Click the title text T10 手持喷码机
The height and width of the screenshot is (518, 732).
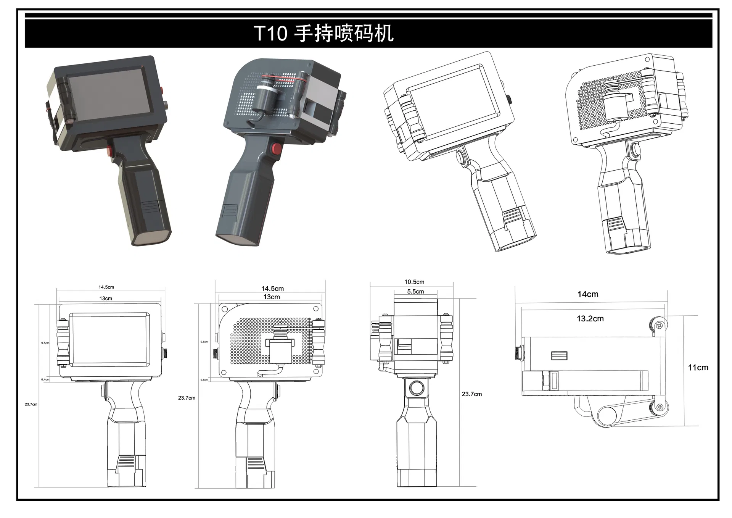pos(323,33)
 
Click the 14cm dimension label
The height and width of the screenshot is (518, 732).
pos(587,294)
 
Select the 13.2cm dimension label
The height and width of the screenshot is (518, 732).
pos(590,318)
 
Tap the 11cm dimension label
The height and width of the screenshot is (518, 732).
pos(698,368)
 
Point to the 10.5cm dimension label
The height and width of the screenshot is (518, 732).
pos(414,282)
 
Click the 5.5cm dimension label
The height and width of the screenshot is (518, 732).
pos(415,292)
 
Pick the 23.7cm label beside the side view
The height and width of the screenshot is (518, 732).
pos(471,394)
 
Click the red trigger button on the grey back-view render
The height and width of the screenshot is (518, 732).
pos(275,148)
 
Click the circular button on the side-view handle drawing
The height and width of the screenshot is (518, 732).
pos(416,388)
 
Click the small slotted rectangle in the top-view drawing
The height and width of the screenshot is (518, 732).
pos(559,356)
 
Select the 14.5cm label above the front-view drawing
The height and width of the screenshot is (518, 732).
pos(106,287)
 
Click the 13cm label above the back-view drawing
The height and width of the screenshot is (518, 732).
pos(271,297)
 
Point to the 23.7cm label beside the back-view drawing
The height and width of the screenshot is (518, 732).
pos(187,398)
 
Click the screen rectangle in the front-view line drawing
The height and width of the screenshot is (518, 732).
pos(109,340)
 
